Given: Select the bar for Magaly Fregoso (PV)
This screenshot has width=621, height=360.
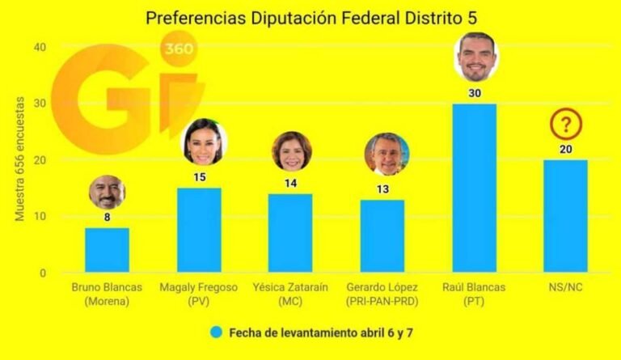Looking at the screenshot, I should [x=199, y=230].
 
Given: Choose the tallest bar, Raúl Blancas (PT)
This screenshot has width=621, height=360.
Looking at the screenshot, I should [x=474, y=188].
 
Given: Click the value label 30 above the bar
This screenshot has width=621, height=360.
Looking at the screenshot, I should [x=475, y=94].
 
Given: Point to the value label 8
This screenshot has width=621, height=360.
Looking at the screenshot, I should [x=107, y=218].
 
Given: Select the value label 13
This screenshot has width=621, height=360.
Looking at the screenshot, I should [x=382, y=189].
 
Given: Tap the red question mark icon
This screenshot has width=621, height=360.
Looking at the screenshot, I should [x=566, y=125].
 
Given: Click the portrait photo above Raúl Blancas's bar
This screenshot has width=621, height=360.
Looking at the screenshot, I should [x=476, y=57].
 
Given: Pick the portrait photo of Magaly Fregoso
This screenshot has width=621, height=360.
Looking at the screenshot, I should [x=204, y=142].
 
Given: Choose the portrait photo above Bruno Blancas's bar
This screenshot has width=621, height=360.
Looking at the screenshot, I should [x=108, y=193].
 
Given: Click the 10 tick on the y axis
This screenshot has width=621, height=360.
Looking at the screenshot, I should [x=40, y=217].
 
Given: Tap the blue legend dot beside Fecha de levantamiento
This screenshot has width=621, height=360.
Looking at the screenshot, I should [x=216, y=332].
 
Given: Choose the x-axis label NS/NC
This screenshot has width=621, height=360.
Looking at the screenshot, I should [x=566, y=288].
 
